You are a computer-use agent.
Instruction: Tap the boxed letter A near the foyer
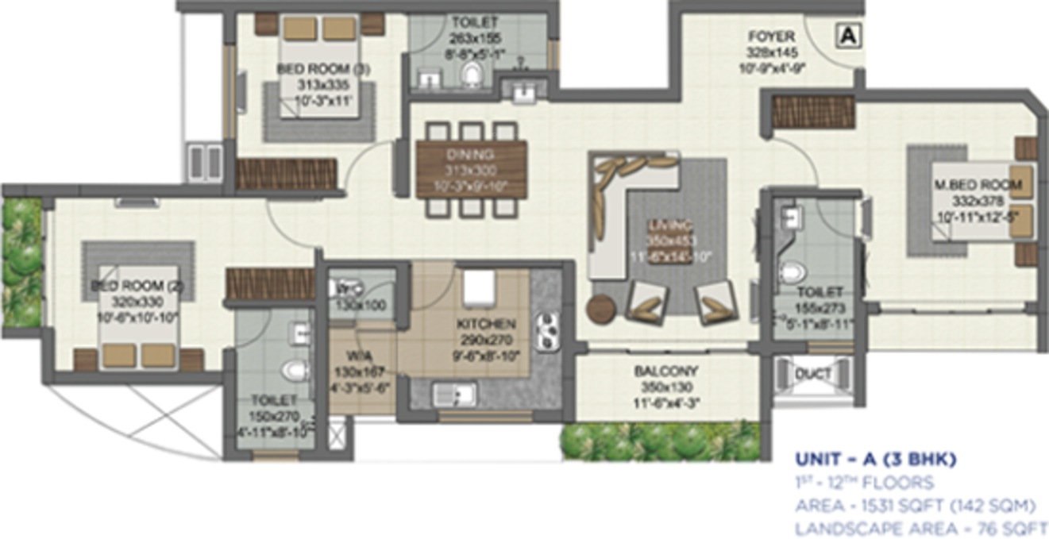tap(849, 35)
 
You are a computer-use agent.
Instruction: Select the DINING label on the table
tap(471, 154)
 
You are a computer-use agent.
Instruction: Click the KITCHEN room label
tap(486, 324)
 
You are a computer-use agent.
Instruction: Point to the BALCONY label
tap(665, 371)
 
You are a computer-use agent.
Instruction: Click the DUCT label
tap(813, 374)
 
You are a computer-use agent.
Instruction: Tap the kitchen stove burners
tap(546, 331)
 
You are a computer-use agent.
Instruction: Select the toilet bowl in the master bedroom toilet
tap(792, 271)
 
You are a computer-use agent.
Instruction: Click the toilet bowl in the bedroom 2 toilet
tap(295, 369)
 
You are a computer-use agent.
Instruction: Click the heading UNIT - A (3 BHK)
tap(875, 460)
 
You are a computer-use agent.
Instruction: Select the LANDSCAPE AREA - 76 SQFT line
tap(921, 527)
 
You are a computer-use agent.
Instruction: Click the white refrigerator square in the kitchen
tap(479, 286)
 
